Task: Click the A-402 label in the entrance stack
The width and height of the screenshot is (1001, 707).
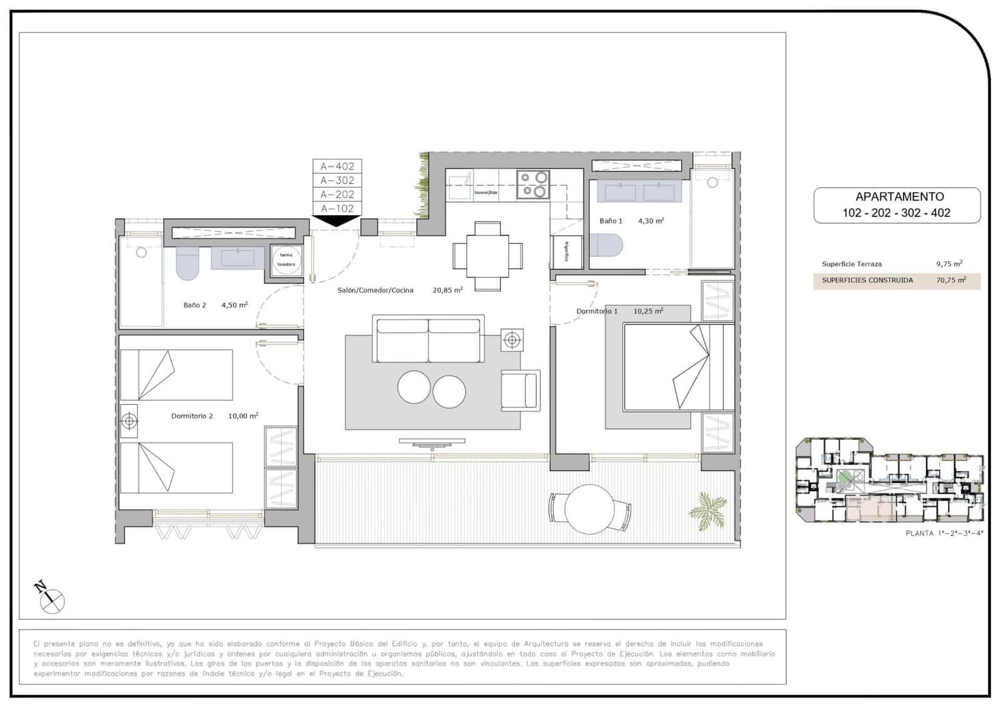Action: (337, 166)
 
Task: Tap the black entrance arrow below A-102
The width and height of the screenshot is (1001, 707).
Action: (337, 220)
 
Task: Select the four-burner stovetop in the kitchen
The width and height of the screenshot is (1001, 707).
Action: (533, 185)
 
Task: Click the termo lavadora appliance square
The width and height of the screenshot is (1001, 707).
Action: (287, 260)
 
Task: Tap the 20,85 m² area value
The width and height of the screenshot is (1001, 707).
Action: (447, 290)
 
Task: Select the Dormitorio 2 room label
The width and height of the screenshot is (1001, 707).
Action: (192, 416)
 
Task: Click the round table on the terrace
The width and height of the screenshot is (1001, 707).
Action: (589, 509)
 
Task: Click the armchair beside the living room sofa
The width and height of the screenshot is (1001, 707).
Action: (521, 390)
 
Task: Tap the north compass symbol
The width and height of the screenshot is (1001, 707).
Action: (50, 599)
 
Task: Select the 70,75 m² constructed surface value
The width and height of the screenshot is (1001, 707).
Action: (950, 280)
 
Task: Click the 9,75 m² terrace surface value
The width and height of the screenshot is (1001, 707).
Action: (949, 264)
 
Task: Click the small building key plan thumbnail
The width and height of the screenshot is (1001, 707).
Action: (889, 480)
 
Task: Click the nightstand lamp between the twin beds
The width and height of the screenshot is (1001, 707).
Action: (130, 421)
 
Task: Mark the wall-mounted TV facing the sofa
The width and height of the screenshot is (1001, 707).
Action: (432, 442)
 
